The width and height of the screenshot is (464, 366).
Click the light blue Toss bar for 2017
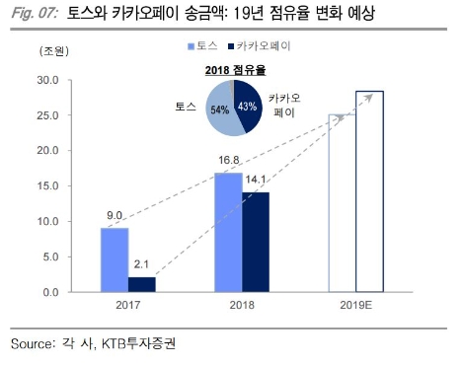114,260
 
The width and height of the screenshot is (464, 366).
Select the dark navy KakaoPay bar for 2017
143,285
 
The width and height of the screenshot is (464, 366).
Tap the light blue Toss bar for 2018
227,233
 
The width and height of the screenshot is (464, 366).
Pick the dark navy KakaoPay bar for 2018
256,243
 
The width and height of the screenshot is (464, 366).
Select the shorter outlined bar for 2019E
342,203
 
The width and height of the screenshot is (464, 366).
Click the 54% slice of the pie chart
223,110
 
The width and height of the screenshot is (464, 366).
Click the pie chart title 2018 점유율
235,68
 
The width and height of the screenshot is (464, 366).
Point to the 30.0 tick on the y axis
46,80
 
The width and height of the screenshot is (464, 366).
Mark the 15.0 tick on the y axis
46,186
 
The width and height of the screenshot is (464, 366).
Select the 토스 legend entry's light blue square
189,46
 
